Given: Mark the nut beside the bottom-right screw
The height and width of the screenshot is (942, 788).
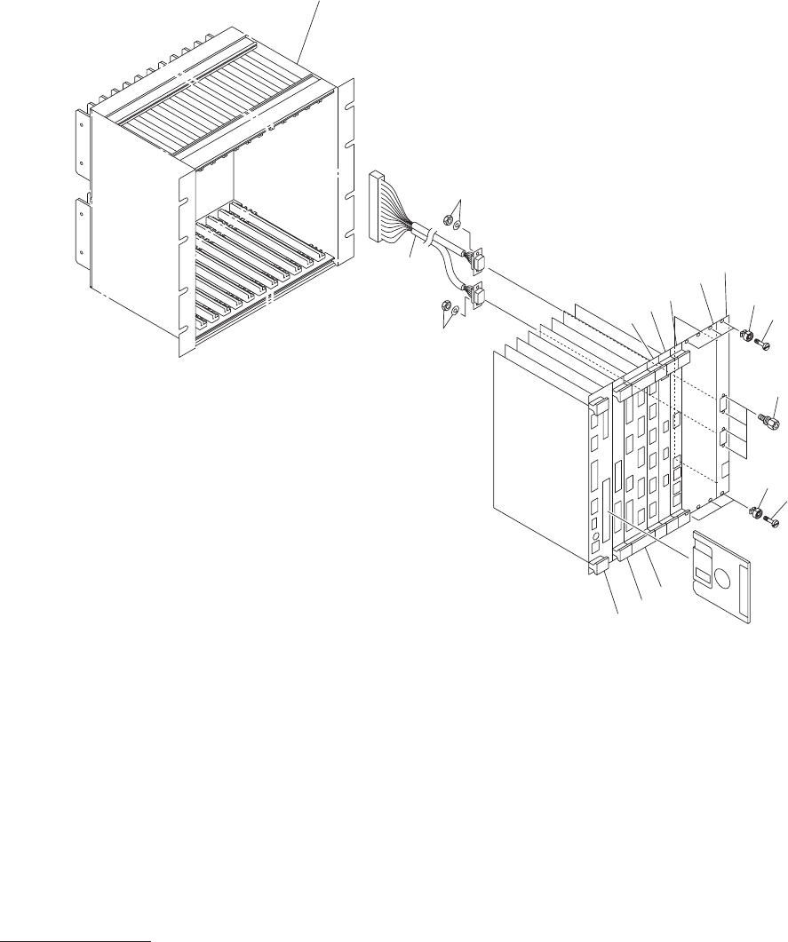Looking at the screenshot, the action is [756, 512].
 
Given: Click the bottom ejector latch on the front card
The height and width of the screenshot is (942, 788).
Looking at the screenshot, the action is [595, 563].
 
